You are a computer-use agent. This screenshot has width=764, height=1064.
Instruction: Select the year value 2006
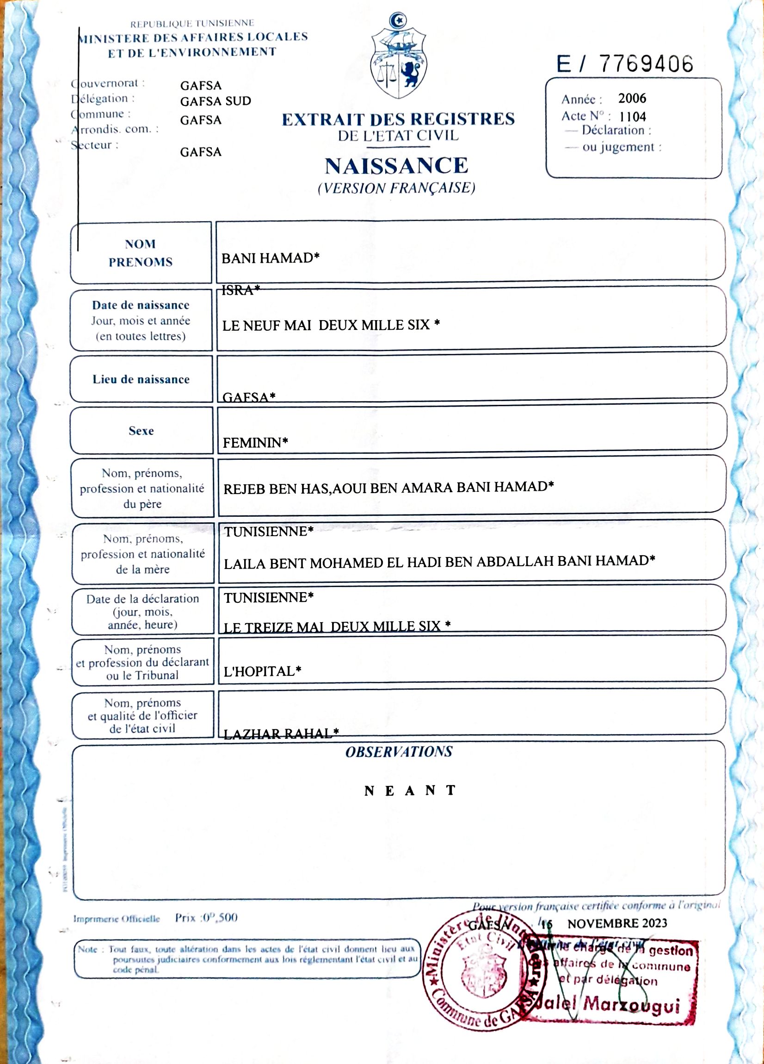(x=632, y=99)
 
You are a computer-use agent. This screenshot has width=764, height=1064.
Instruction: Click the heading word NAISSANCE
(x=396, y=166)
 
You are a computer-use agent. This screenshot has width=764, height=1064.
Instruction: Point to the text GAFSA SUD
(x=215, y=101)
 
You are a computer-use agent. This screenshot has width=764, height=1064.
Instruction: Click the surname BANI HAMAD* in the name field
(x=270, y=258)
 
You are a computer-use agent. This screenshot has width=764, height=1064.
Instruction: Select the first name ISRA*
(x=240, y=291)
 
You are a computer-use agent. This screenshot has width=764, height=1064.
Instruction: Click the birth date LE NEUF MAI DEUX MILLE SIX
(x=331, y=325)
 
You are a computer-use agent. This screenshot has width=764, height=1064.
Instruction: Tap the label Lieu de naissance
(x=141, y=379)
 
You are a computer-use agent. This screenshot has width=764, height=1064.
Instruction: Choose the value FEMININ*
(x=255, y=442)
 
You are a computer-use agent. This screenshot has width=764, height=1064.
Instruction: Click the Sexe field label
(x=141, y=431)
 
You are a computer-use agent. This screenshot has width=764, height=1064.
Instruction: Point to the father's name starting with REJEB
(x=388, y=488)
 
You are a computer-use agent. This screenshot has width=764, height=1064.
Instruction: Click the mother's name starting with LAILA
(x=439, y=561)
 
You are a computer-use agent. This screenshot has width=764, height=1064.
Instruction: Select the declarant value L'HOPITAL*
(x=262, y=671)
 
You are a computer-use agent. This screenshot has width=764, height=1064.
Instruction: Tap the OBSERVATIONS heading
(x=399, y=752)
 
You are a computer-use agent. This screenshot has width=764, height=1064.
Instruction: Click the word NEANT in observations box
(x=410, y=791)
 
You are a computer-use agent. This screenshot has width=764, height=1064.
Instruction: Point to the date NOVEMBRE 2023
(x=617, y=923)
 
